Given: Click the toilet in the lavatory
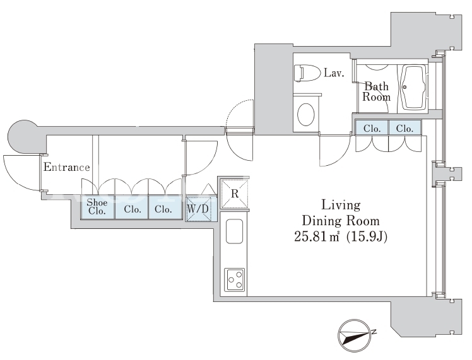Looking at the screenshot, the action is [307, 73].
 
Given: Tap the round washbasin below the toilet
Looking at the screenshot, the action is [306, 114].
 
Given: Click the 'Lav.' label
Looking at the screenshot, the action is [334, 73].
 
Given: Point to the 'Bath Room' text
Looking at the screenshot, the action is [376, 91].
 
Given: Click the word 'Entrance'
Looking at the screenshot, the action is [66, 167].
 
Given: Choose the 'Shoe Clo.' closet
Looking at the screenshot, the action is [98, 207].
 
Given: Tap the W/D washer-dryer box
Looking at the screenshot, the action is [198, 209].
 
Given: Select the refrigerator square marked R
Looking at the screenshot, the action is [235, 194].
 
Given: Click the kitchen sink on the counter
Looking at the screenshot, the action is [235, 231].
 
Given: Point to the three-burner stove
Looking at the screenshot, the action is [235, 279].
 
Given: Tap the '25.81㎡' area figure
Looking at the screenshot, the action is [317, 236].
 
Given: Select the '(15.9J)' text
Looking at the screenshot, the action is [367, 236].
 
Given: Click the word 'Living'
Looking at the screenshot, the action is [341, 206].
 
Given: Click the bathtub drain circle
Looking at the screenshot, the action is [404, 87].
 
